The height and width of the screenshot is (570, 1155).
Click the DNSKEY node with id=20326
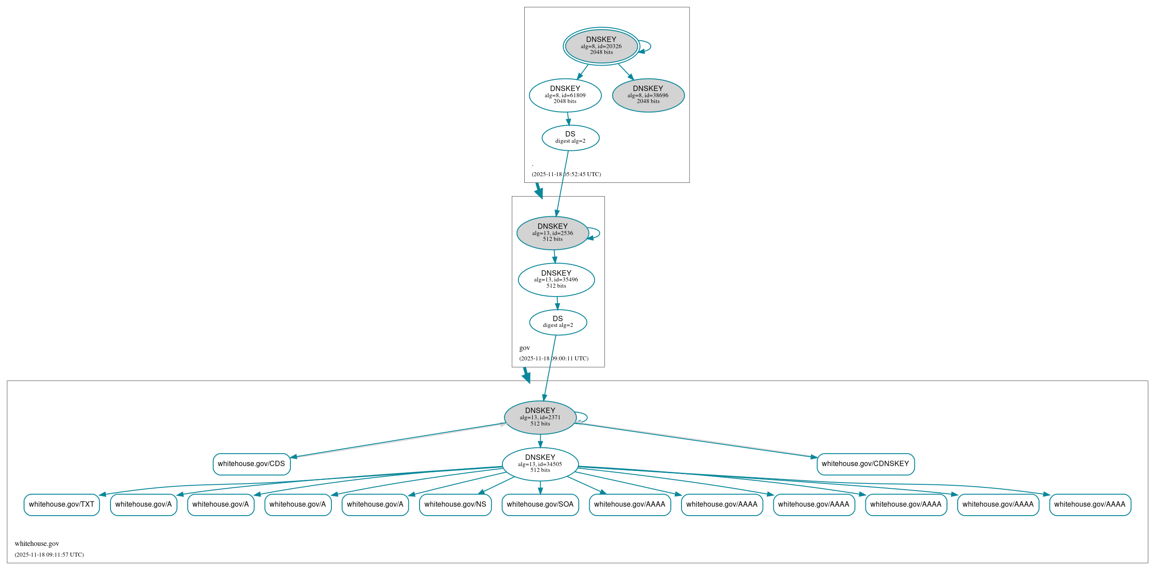(x=601, y=46)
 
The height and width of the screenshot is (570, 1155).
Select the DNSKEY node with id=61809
(x=565, y=95)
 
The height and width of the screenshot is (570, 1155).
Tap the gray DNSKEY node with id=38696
(x=648, y=95)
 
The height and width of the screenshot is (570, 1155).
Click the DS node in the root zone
(x=570, y=138)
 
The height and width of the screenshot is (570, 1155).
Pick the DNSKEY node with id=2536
(x=552, y=233)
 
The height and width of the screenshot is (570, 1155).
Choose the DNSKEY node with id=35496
(x=556, y=280)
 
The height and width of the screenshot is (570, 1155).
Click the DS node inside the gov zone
(x=558, y=322)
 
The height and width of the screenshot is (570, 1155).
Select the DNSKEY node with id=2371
(x=540, y=417)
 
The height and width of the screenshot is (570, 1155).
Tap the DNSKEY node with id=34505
(x=540, y=464)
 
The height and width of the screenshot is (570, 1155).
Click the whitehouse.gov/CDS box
(x=252, y=464)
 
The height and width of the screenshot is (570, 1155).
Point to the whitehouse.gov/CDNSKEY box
(x=865, y=464)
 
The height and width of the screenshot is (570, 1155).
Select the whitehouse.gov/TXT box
(x=61, y=504)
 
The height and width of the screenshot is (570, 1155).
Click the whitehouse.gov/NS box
(x=455, y=504)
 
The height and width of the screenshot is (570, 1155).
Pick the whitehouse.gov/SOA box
(x=540, y=504)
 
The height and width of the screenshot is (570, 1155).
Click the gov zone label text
(x=525, y=348)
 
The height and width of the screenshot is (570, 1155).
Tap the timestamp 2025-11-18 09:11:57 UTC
(x=49, y=555)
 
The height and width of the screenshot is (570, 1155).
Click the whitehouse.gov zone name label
(x=37, y=544)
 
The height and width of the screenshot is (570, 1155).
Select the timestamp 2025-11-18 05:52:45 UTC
(x=566, y=174)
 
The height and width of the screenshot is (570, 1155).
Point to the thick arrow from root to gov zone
(x=539, y=190)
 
